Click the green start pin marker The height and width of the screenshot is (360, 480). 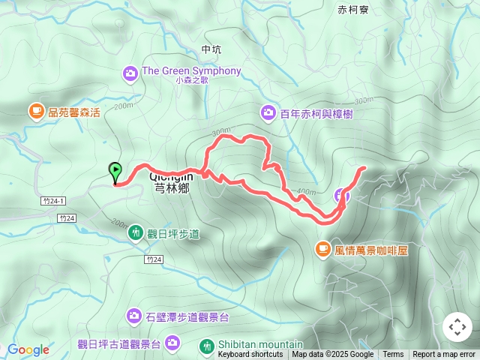pos(115,172)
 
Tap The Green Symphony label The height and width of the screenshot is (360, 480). pos(191,71)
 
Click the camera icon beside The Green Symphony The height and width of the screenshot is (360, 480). pos(130,73)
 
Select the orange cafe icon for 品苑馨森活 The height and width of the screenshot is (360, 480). pos(36,112)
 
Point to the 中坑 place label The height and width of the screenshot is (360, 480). pos(211,49)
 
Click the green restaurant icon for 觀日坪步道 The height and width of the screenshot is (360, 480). pos(136,233)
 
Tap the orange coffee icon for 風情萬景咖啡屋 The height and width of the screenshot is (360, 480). pos(322,248)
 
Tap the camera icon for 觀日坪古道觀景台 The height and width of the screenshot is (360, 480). pos(173,343)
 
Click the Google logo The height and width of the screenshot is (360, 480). pos(28,349)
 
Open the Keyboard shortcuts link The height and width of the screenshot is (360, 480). pos(250,355)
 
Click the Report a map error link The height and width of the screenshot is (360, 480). pos(444,355)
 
